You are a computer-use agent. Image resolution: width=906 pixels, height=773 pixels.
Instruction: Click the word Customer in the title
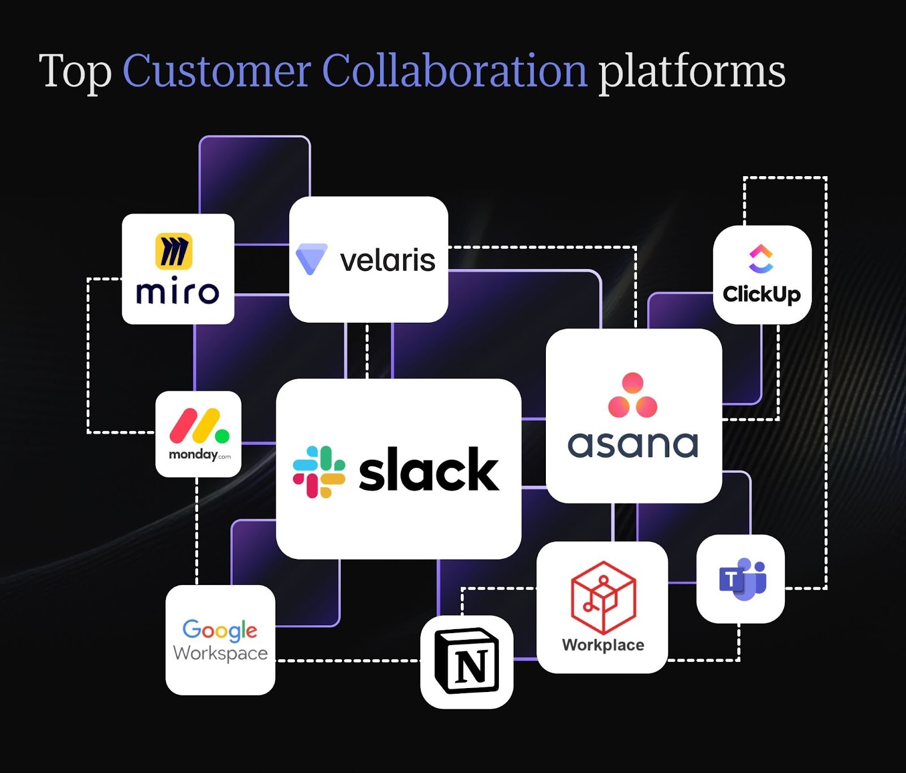tap(217, 71)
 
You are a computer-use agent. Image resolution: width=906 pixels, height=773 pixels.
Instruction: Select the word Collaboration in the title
tap(455, 71)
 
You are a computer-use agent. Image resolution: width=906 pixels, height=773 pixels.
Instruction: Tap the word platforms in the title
tap(691, 72)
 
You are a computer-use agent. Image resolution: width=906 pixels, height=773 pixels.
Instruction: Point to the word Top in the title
tap(75, 72)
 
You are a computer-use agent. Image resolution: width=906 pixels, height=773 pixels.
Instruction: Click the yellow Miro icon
tap(174, 250)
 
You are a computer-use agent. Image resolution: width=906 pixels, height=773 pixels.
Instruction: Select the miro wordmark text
tap(177, 292)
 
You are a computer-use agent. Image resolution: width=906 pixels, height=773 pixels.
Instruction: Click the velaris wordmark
tap(387, 260)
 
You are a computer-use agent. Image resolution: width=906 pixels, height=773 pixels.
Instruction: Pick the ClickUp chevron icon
tap(761, 258)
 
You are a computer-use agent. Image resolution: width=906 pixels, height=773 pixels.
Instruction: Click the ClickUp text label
tap(762, 294)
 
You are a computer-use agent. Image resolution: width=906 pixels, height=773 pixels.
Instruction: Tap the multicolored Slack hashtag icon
tap(319, 472)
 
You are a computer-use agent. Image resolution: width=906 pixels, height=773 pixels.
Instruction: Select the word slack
tap(429, 470)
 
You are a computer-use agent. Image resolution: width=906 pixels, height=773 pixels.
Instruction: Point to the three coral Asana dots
tap(633, 395)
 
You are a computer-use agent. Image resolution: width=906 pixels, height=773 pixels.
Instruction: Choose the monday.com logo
tap(199, 433)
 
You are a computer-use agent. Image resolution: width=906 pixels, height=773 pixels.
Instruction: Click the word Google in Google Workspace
tap(220, 629)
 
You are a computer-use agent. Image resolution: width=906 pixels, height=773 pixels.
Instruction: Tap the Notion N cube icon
tap(467, 661)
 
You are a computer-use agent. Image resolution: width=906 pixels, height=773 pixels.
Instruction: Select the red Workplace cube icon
tap(603, 597)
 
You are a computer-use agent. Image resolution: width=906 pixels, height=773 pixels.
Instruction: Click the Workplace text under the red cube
tap(603, 645)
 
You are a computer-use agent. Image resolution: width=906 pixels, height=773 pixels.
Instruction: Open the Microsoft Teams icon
tap(742, 579)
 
